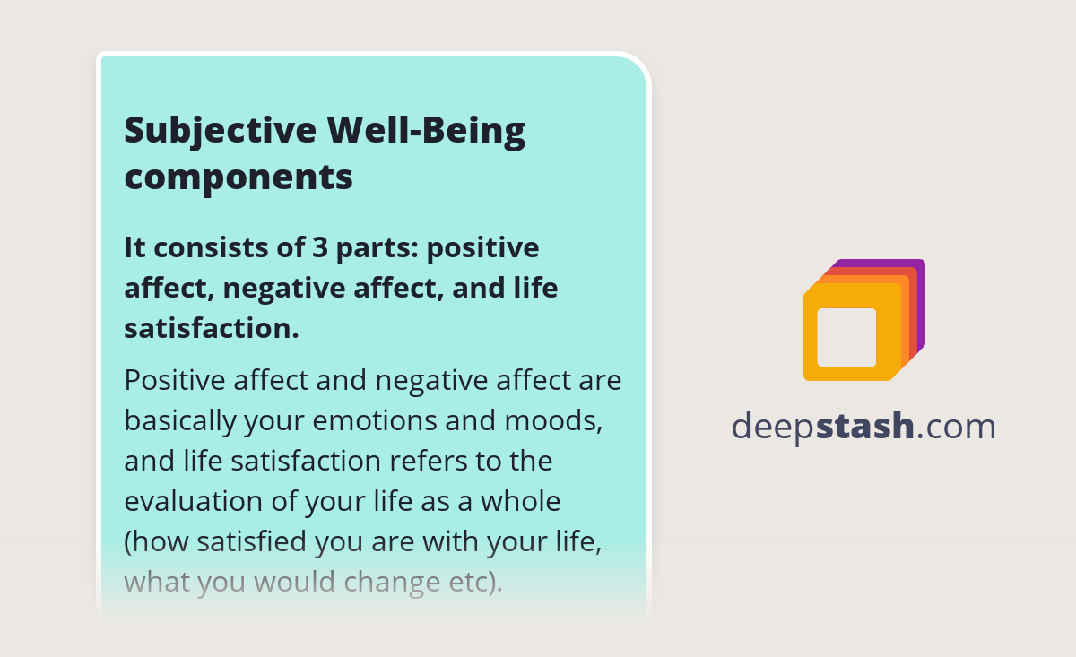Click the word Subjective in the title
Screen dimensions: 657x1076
[219, 131]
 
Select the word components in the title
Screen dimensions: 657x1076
[239, 177]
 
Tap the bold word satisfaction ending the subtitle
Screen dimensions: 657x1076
[211, 328]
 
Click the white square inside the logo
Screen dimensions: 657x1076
[846, 337]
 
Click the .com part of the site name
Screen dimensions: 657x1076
[957, 427]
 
